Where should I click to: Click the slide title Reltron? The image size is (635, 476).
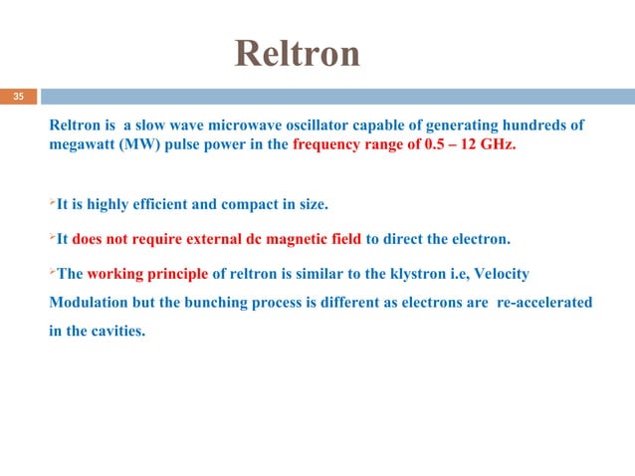click(298, 54)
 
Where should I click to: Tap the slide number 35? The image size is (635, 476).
click(18, 98)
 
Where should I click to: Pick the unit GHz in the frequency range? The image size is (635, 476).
click(497, 145)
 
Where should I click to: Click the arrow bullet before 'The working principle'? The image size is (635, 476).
click(52, 271)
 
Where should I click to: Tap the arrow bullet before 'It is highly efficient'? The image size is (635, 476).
click(52, 205)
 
